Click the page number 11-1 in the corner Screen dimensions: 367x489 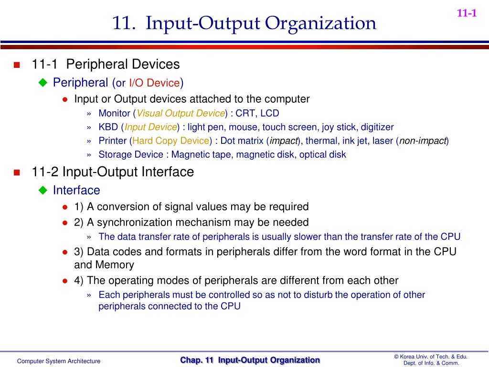[x=467, y=13]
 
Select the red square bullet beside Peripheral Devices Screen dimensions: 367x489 [x=17, y=65]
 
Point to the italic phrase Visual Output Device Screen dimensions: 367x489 [x=181, y=113]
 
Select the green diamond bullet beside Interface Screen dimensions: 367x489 [x=43, y=191]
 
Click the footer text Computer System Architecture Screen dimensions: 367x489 [x=59, y=361]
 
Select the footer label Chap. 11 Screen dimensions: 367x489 [x=197, y=360]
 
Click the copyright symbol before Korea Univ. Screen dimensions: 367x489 [x=396, y=357]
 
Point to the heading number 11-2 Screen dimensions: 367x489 [x=46, y=172]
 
